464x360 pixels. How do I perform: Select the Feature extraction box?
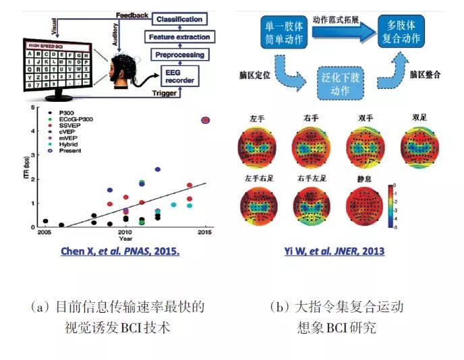pyautogui.click(x=179, y=37)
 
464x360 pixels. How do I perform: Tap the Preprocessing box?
pyautogui.click(x=179, y=54)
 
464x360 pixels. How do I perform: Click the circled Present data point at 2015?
pyautogui.click(x=206, y=120)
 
